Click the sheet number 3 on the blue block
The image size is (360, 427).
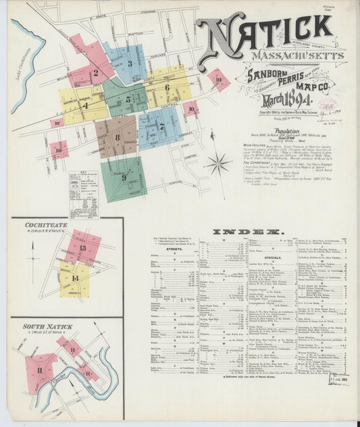click(x=130, y=64)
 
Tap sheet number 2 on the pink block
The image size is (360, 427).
click(x=95, y=74)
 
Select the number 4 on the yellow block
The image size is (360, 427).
click(x=85, y=105)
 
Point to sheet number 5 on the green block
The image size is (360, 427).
click(x=128, y=100)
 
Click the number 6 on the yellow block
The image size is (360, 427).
click(x=167, y=86)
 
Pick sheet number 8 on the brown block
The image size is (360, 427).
click(x=117, y=137)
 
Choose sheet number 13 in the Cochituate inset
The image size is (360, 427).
click(x=82, y=248)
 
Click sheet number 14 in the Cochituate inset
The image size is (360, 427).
click(x=75, y=278)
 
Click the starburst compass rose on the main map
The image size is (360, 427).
click(x=217, y=162)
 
